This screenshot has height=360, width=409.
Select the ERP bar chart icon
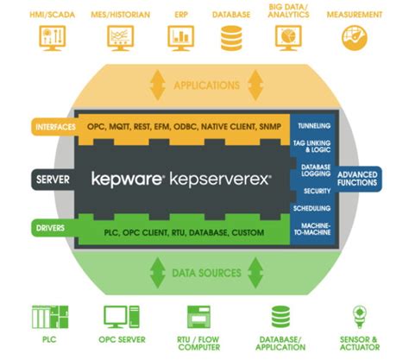(x=180, y=36)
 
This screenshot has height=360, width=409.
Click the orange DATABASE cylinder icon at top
(x=232, y=37)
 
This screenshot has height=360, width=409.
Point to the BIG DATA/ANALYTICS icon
(x=287, y=36)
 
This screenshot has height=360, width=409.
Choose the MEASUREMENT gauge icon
(x=354, y=36)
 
